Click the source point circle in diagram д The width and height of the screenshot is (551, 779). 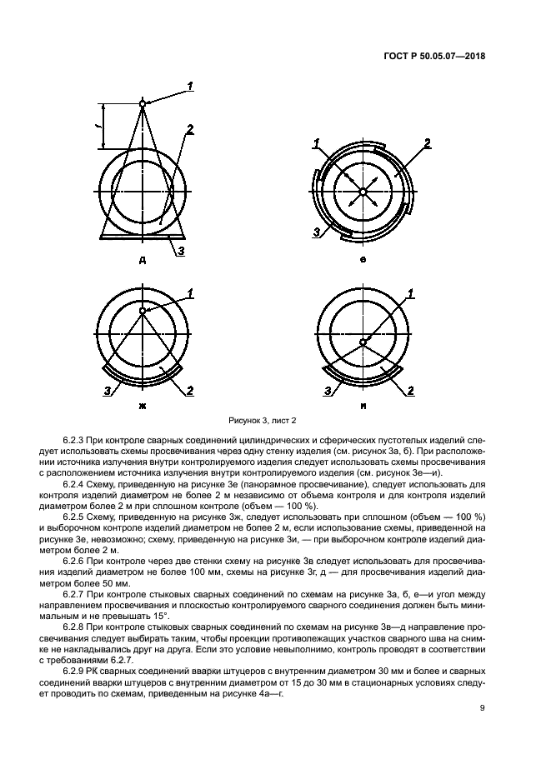click(x=143, y=103)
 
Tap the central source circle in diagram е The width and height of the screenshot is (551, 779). click(x=363, y=192)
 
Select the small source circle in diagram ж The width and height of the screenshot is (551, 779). click(x=143, y=312)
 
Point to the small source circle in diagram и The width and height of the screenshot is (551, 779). click(x=363, y=342)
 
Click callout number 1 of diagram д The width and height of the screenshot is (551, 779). click(x=190, y=86)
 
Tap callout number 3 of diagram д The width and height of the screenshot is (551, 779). click(x=183, y=249)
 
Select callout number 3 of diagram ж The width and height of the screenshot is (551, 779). click(x=106, y=390)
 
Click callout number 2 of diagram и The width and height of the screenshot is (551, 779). click(x=410, y=390)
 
